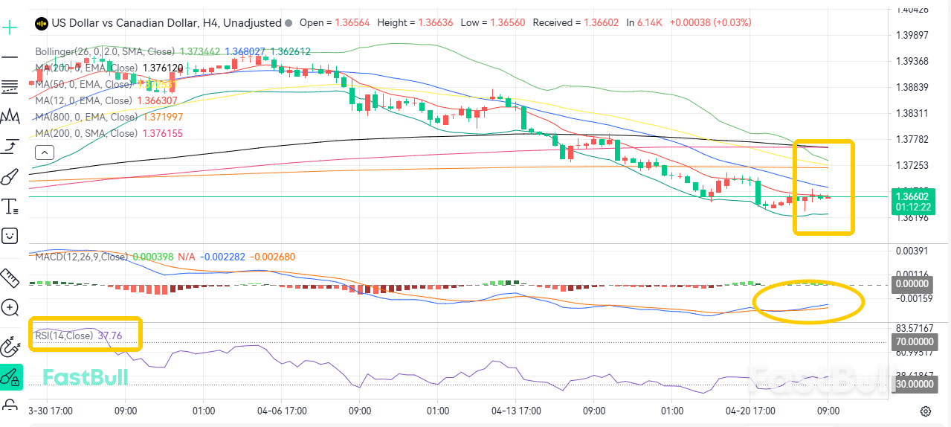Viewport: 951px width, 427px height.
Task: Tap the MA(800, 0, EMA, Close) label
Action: click(86, 117)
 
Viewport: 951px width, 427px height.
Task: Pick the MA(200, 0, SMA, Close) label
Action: click(86, 133)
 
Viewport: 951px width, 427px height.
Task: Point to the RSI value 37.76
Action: click(109, 335)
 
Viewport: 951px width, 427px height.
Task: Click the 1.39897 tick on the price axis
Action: click(912, 36)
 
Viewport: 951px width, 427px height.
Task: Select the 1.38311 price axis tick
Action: click(912, 114)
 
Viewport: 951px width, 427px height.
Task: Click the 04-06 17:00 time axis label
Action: click(282, 411)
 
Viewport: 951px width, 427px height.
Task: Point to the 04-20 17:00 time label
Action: click(750, 411)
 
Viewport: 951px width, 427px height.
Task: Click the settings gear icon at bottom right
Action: click(926, 411)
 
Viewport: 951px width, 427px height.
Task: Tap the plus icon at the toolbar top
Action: click(10, 28)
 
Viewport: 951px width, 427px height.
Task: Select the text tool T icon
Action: click(10, 206)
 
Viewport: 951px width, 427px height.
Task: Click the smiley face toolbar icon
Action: click(10, 236)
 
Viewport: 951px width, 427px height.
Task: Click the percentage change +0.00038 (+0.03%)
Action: click(710, 22)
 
